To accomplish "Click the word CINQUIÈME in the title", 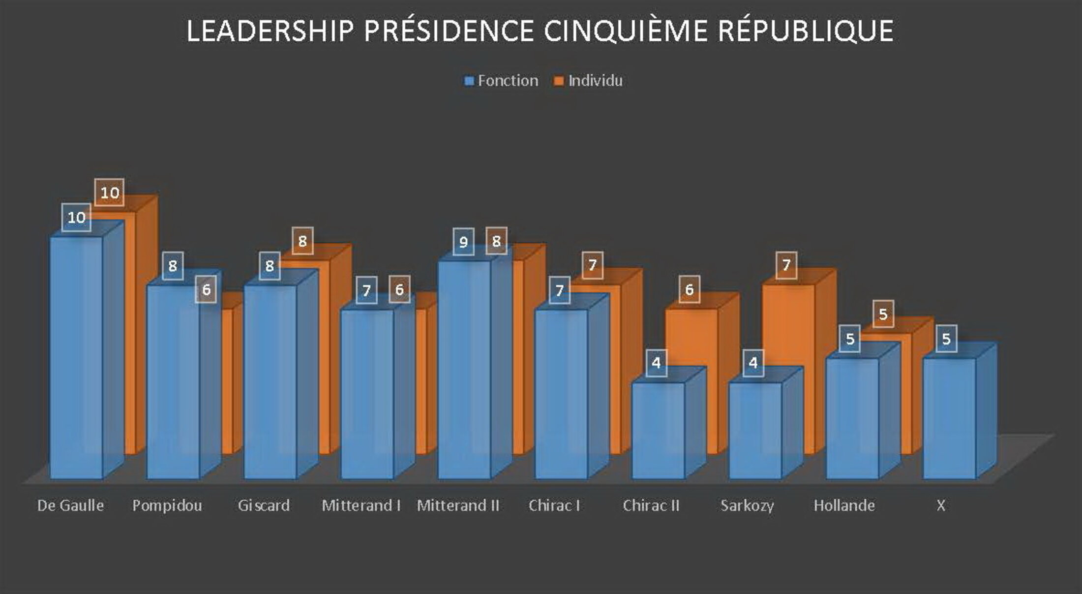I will coord(624,31).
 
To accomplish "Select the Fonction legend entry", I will coord(502,81).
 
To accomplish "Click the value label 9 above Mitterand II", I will coord(463,242).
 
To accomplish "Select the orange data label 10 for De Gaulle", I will coord(109,193).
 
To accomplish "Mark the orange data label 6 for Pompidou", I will coord(206,289).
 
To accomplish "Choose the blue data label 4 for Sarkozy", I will coord(753,363).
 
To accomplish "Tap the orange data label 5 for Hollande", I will coord(883,314).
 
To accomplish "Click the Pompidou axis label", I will coord(167,506).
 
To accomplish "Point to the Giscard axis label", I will coord(264,506).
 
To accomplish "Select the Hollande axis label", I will coord(844,506).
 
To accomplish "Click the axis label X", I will coord(940,506).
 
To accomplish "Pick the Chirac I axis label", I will coord(554,506).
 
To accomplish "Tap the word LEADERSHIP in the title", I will coord(270,31).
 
